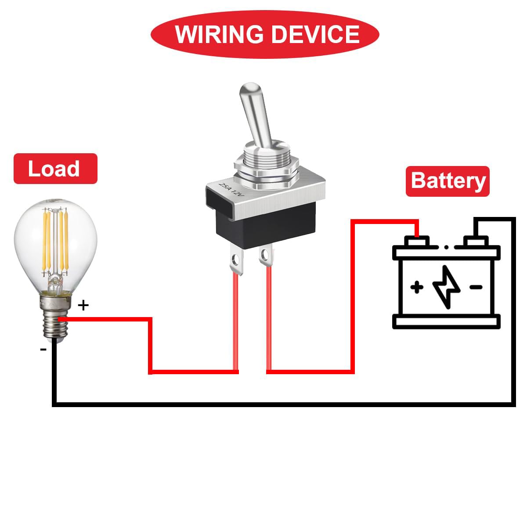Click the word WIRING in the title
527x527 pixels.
219,34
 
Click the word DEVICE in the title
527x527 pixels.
316,34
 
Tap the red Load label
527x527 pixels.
55,169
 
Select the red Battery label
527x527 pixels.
448,181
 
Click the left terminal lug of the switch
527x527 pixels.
236,259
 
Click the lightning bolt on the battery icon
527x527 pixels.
446,287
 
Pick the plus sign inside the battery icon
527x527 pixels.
417,287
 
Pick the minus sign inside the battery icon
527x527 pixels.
476,287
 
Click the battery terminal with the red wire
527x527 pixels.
416,241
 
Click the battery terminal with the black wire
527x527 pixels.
476,241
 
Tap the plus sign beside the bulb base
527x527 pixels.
83,305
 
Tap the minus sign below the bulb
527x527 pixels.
43,349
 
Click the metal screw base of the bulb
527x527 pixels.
55,317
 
